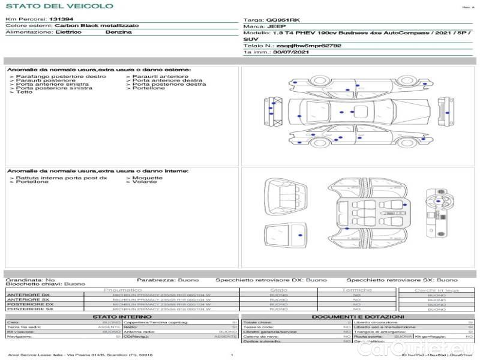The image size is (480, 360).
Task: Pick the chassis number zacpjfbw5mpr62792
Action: (x=309, y=46)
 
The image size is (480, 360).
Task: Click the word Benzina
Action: (x=118, y=32)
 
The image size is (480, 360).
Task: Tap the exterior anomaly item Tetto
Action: (x=25, y=92)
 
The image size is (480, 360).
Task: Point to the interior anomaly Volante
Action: (x=144, y=182)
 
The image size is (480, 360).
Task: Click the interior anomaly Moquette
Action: (x=147, y=178)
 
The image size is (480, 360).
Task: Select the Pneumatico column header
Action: (x=122, y=290)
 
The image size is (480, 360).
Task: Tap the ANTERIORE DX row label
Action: (x=28, y=295)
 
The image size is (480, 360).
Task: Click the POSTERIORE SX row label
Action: (x=29, y=309)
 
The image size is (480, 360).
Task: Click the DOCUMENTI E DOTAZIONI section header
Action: (x=358, y=316)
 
